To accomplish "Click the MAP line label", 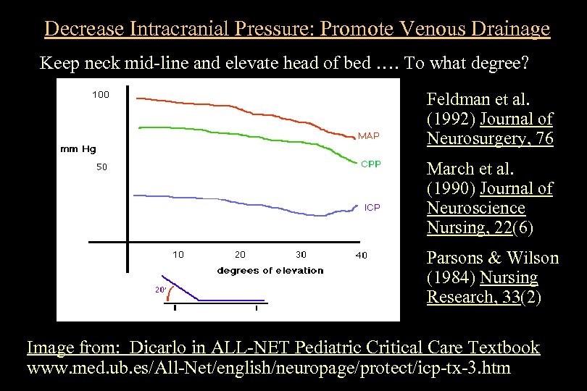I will point(368,135).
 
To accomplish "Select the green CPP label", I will point(370,164).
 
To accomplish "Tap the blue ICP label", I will point(372,208).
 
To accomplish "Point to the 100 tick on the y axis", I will point(100,94).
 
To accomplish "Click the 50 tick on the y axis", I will point(102,167).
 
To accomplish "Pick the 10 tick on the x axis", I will point(178,254).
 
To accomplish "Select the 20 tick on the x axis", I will point(240,254).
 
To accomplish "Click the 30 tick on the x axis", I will point(301,254).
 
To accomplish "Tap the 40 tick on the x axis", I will point(361,254).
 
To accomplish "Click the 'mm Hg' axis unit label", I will point(78,149).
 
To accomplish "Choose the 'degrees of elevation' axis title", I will point(270,270).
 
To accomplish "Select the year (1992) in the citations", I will point(451,119).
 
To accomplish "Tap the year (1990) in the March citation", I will point(451,188).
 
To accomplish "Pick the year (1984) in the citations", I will point(451,278).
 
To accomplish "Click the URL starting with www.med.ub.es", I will point(268,368).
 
